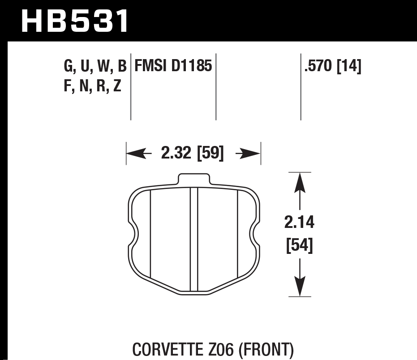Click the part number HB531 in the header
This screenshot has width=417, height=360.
[75, 21]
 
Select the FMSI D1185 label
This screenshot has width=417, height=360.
[173, 67]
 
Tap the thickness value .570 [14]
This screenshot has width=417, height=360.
[332, 67]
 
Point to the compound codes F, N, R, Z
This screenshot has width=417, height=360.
[93, 85]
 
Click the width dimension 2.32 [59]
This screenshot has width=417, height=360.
[192, 154]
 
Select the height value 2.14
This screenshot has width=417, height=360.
[299, 222]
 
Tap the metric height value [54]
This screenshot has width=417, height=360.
[299, 245]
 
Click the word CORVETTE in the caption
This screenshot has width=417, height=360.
[165, 348]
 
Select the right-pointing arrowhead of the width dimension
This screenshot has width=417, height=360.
[254, 154]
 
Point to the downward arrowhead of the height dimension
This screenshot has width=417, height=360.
[299, 288]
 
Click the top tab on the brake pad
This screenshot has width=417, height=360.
[193, 178]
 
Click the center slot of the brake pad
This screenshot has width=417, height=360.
[194, 240]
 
